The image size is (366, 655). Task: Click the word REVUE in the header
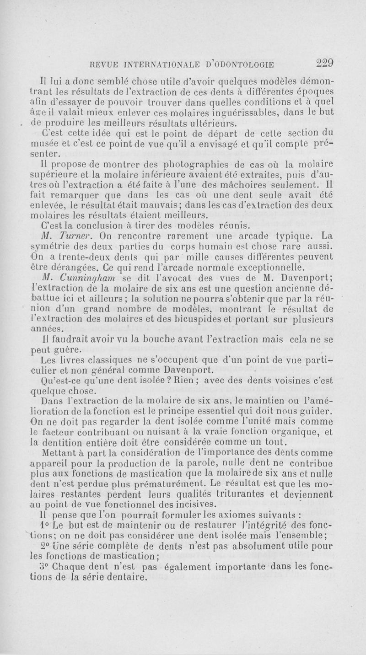click(106, 64)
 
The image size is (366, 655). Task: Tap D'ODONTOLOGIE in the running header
click(235, 64)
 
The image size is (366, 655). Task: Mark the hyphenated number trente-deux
click(73, 258)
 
